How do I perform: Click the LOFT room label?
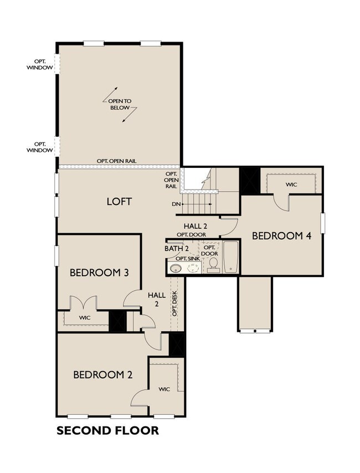119,202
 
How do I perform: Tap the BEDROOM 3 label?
99,273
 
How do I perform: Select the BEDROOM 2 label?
103,375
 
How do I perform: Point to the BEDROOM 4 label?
281,235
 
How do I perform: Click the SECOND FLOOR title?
108,430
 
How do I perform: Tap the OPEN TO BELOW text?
120,104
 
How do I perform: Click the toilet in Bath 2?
214,265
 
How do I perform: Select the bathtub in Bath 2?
231,257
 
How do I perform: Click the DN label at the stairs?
176,204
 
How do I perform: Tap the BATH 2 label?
177,249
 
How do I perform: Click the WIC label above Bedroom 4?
291,184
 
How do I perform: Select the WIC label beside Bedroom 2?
164,389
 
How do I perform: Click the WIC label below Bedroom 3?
85,318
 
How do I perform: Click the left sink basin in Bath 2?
174,268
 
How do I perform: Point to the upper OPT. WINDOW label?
39,65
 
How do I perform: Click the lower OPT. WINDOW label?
39,147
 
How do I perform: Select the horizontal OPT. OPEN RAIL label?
116,161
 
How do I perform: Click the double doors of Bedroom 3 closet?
84,303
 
